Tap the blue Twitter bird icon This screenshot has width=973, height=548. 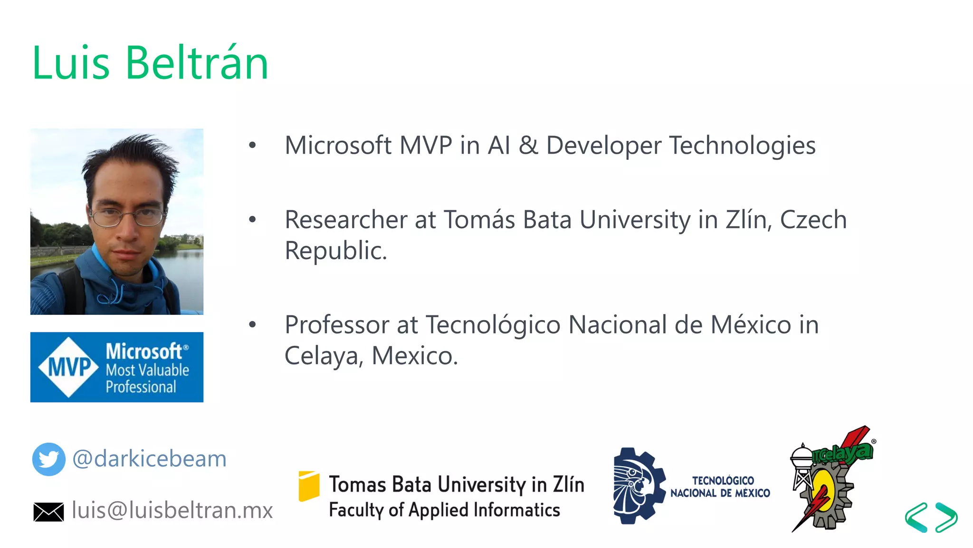[48, 459]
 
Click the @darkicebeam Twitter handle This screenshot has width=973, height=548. [149, 459]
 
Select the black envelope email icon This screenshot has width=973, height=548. [48, 512]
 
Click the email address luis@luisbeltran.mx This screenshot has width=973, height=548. [172, 510]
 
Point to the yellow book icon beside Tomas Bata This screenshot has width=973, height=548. [309, 486]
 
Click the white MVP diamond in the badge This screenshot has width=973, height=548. [69, 367]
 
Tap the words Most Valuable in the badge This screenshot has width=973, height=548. [147, 370]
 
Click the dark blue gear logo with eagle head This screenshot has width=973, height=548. [638, 486]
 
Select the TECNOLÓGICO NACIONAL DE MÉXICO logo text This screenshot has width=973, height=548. [721, 487]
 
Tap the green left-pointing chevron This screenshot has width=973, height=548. [916, 517]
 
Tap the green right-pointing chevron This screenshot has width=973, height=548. [946, 517]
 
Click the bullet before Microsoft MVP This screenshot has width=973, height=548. [252, 146]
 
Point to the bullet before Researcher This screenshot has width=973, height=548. [252, 220]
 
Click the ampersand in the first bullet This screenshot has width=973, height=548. [528, 146]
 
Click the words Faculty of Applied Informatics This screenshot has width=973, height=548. [444, 510]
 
